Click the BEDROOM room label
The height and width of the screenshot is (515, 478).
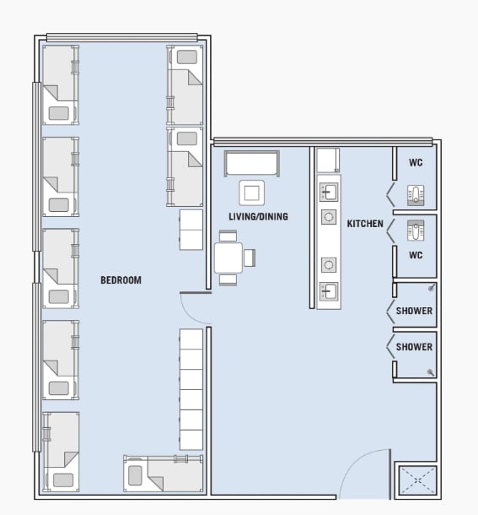121,280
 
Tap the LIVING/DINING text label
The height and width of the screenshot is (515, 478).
258,217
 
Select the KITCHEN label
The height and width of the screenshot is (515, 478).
365,224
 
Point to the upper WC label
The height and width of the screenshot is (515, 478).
416,163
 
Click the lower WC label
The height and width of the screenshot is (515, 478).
416,254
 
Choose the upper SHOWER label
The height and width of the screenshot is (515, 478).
414,311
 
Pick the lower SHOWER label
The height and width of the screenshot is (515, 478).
414,347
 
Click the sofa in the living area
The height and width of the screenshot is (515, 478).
251,163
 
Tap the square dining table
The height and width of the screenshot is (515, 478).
228,257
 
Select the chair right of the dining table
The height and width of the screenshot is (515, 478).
250,257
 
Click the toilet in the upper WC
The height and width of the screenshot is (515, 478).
416,193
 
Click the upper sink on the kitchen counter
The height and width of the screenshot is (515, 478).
328,192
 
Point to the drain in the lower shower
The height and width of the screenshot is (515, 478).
431,372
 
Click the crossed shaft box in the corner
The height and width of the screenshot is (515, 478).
416,480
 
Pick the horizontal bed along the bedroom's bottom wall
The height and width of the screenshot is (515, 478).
164,474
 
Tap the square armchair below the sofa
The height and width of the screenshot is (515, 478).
251,192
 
